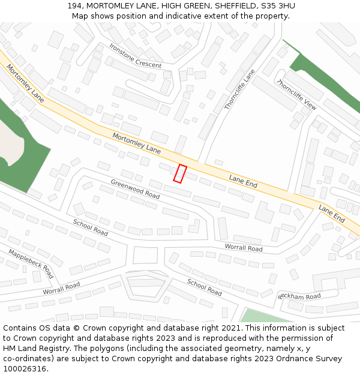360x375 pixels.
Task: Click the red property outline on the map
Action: (x=180, y=173)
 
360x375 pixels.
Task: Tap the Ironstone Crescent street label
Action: (x=135, y=56)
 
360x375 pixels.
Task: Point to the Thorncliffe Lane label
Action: (x=240, y=89)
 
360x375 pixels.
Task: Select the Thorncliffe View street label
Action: (x=296, y=95)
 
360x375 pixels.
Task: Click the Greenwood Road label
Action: (x=135, y=188)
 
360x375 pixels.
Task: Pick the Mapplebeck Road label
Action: (x=31, y=264)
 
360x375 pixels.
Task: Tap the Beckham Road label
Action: (x=299, y=297)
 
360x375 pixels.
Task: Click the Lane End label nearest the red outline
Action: (x=243, y=181)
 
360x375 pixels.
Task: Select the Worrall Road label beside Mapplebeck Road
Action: (x=61, y=288)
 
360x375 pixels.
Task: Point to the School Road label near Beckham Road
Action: (x=204, y=287)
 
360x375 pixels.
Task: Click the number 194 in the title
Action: (x=75, y=5)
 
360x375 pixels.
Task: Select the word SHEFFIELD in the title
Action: (x=233, y=5)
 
